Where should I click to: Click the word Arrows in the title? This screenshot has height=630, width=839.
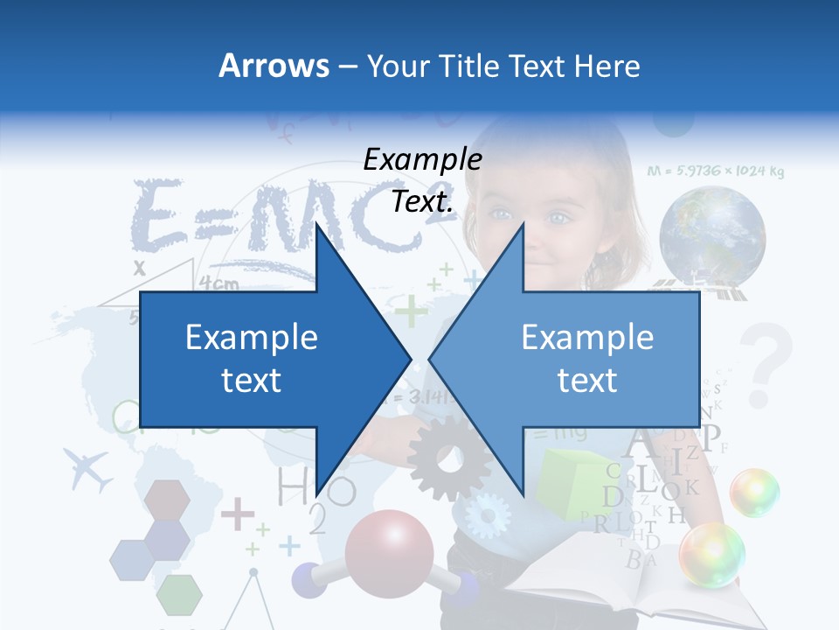[274, 66]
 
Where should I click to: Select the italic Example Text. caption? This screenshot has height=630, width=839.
[422, 180]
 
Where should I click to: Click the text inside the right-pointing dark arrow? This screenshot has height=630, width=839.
[252, 359]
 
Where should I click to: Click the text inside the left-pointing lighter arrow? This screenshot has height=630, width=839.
[587, 359]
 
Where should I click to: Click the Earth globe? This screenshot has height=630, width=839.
[712, 234]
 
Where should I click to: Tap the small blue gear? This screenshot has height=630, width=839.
[487, 515]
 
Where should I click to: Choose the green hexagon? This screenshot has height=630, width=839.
[180, 595]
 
